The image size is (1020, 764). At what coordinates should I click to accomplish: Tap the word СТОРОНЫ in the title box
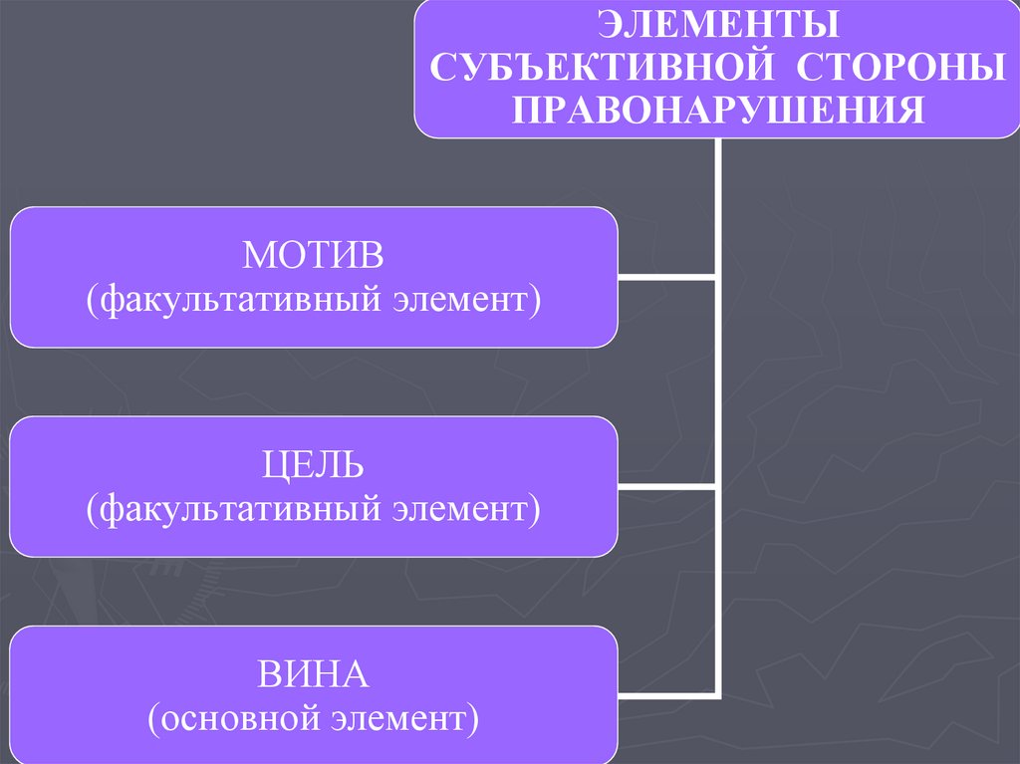click(899, 66)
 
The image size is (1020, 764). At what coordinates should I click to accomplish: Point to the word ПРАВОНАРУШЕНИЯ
click(715, 109)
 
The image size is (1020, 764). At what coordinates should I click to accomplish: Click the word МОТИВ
click(314, 256)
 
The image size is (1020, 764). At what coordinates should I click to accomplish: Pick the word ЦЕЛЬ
click(314, 466)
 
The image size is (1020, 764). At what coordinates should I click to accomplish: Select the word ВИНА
click(314, 675)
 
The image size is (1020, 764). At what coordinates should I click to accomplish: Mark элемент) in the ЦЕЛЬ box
click(460, 509)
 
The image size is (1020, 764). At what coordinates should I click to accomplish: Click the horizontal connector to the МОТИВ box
click(665, 276)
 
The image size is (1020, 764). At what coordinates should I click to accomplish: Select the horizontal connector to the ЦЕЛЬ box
click(665, 486)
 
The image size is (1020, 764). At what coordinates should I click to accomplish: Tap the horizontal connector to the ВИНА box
click(665, 694)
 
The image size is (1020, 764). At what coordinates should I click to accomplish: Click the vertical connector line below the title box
click(715, 199)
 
